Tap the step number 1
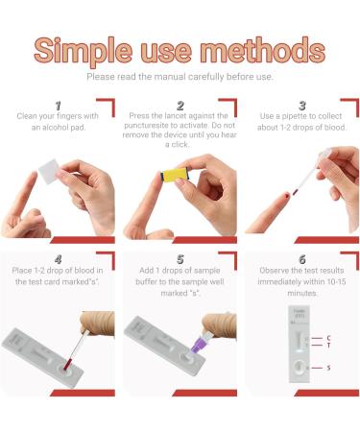click(58, 104)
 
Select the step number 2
click(180, 104)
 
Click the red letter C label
click(328, 338)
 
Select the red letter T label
click(328, 346)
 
